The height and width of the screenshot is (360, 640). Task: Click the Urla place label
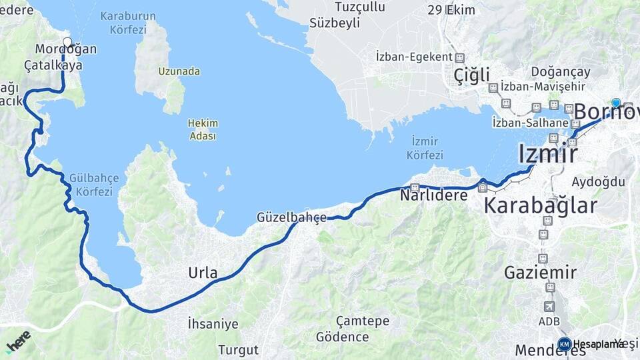[x=203, y=273]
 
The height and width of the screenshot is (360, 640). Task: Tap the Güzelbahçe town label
[x=291, y=217]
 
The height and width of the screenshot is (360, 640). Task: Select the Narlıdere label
[x=433, y=195]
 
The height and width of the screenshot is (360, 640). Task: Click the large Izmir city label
[x=547, y=154]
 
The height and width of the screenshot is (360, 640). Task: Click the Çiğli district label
[x=471, y=75]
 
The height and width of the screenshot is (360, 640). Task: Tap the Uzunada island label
[x=179, y=71]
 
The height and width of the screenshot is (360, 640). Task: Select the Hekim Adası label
[x=203, y=129]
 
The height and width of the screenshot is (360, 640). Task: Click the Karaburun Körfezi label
[x=128, y=22]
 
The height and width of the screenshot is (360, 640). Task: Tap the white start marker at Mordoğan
[x=67, y=42]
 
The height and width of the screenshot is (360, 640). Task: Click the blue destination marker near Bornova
[x=616, y=103]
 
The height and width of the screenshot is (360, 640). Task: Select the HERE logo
[x=18, y=341]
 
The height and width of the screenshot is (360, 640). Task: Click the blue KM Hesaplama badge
[x=565, y=344]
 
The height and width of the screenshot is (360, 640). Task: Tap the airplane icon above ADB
[x=549, y=307]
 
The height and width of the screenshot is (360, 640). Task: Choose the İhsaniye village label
[x=213, y=325]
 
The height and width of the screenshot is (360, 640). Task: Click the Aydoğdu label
[x=598, y=182]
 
